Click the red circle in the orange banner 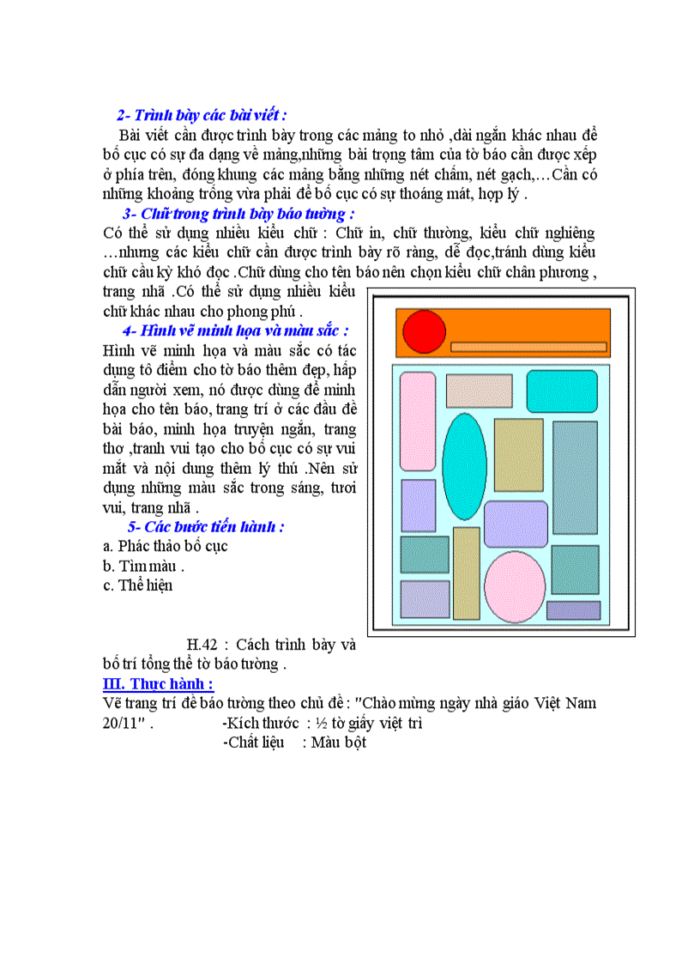click(425, 331)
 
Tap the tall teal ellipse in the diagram click(464, 466)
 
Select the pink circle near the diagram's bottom click(515, 586)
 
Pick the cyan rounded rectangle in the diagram click(562, 391)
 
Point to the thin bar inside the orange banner click(528, 347)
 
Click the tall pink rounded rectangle click(418, 421)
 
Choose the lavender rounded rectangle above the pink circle click(516, 524)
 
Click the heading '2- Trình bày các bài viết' click(202, 115)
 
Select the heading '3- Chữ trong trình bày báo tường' click(238, 214)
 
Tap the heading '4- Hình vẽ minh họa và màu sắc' click(235, 330)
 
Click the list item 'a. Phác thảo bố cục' click(165, 546)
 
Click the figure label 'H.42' click(202, 644)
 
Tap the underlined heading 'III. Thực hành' click(157, 683)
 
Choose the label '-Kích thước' click(261, 723)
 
